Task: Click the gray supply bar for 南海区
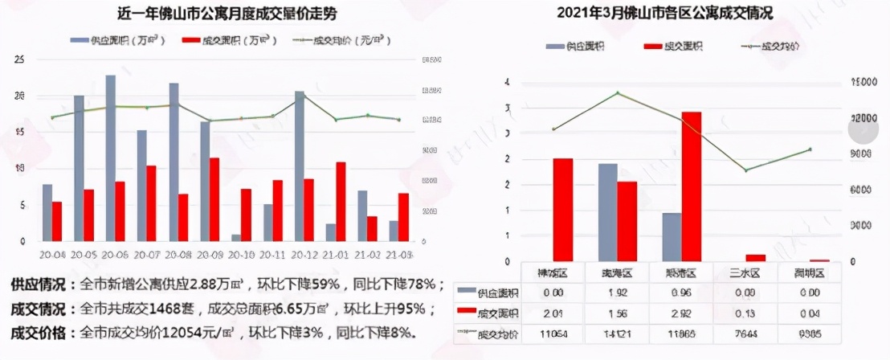608,212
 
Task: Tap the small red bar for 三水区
755,258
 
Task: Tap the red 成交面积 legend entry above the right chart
674,47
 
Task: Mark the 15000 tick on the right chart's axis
864,82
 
